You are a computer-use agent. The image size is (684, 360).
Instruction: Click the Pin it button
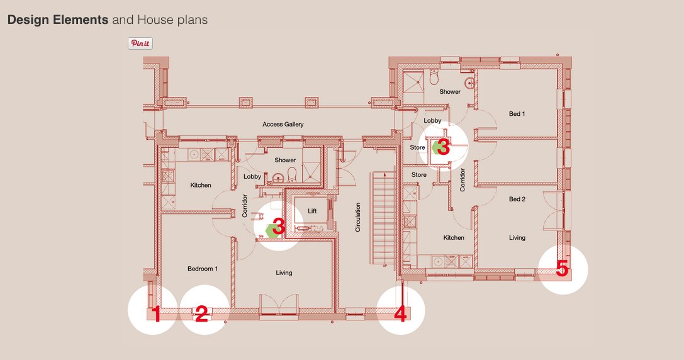click(140, 43)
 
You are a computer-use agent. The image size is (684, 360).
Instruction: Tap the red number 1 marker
click(156, 313)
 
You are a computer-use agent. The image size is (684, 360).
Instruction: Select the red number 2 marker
click(201, 313)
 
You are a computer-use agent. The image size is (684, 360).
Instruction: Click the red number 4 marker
click(400, 313)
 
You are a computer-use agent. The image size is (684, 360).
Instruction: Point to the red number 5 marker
click(562, 269)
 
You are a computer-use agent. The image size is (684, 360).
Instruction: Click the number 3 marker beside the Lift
click(278, 227)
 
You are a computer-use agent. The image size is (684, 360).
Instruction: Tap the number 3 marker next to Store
click(442, 147)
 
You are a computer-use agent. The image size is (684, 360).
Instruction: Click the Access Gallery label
click(283, 124)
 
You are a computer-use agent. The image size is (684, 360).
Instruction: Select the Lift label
click(312, 211)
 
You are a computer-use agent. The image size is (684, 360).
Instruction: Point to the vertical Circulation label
click(358, 217)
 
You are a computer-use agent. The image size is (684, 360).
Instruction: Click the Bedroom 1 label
click(203, 269)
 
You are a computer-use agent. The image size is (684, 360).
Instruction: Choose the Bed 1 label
click(517, 114)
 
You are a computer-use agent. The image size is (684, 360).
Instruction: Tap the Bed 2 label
click(517, 199)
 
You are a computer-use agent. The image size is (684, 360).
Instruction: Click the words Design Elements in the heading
click(58, 20)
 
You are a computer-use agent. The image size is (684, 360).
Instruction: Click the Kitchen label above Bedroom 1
click(201, 185)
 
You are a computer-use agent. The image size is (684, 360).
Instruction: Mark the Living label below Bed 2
click(517, 238)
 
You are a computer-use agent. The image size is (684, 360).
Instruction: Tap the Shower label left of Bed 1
click(450, 92)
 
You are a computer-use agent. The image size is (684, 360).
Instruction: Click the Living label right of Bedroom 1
click(284, 273)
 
